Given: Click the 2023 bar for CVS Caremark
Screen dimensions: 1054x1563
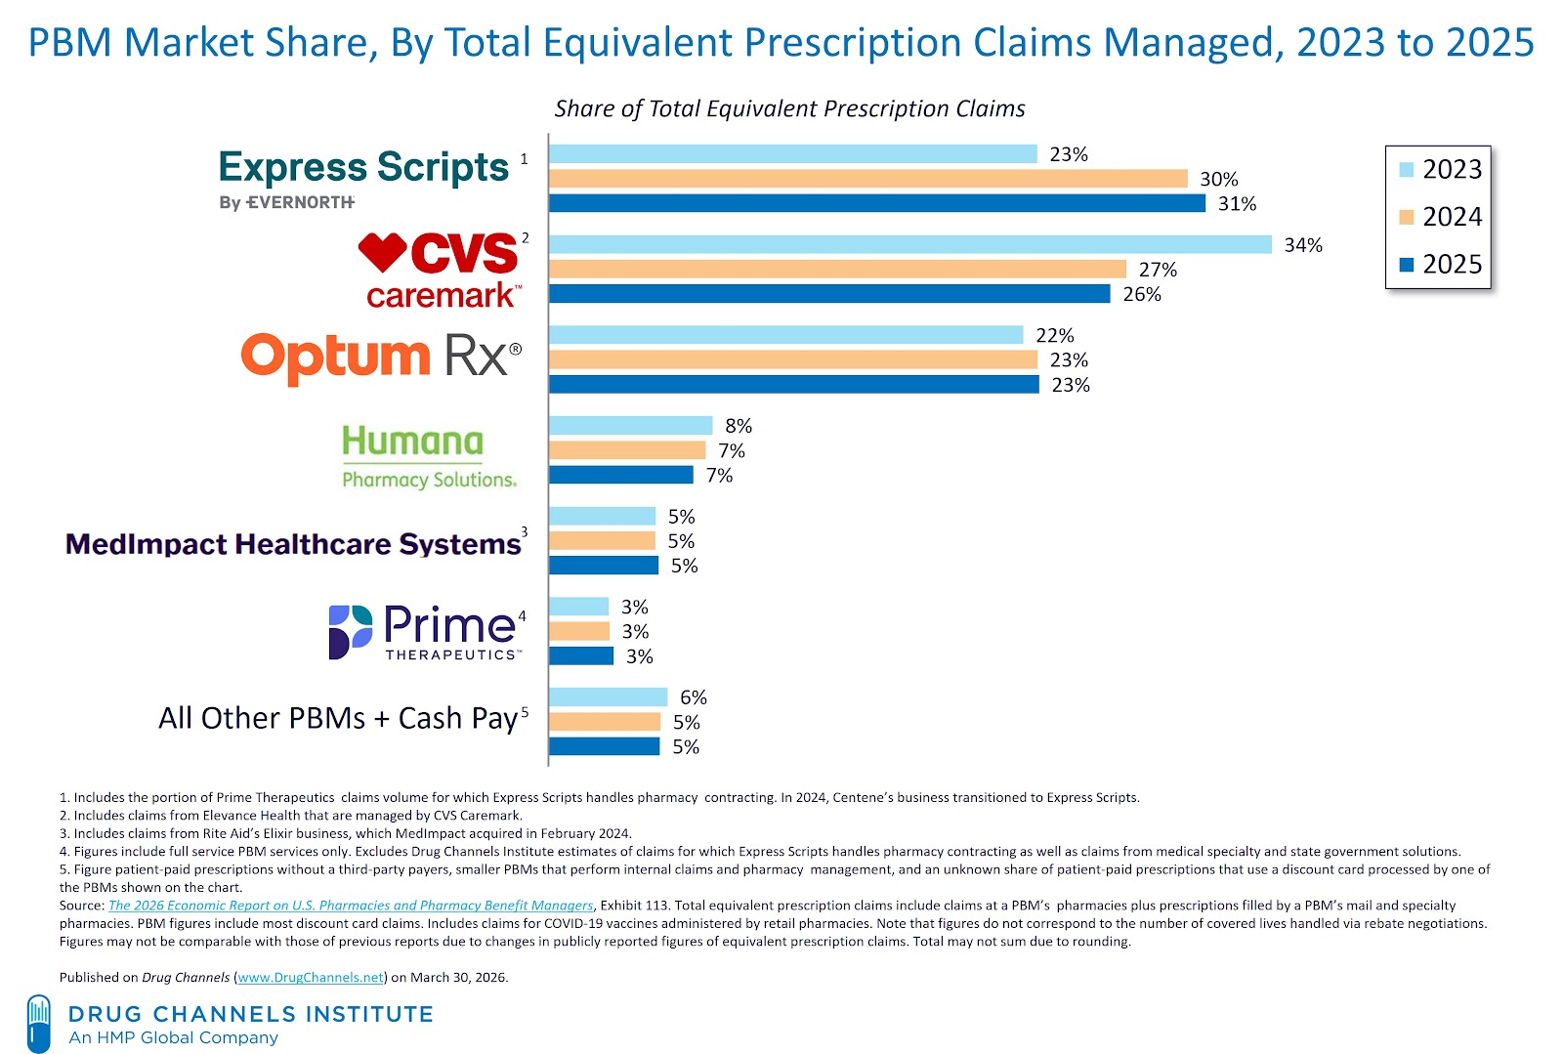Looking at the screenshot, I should tap(909, 244).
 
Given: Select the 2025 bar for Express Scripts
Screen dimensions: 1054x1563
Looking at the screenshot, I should tap(876, 203).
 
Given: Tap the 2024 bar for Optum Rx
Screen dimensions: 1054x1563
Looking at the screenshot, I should tap(792, 359).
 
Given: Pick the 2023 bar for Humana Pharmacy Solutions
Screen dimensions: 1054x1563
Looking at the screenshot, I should tap(630, 425).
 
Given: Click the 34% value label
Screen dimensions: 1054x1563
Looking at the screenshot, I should tap(1303, 245).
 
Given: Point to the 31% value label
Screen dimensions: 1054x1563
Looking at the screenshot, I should tap(1237, 204).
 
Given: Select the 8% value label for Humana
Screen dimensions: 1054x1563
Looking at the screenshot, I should tap(739, 426).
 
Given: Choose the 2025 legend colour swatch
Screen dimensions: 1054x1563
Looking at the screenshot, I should tap(1407, 265).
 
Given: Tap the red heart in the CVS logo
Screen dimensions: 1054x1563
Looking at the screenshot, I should tap(382, 252).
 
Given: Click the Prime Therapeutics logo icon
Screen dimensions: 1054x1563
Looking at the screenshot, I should tap(350, 631).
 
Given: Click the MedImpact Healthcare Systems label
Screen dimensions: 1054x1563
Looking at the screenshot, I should tap(293, 544).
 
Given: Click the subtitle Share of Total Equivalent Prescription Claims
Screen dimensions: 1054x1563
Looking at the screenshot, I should tap(789, 108).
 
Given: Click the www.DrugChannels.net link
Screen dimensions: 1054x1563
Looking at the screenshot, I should tap(311, 977).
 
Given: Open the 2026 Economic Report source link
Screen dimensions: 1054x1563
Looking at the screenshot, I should tap(350, 906).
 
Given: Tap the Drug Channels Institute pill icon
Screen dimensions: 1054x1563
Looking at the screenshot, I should tap(39, 1023).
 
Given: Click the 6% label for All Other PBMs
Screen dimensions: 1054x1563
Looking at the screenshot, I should tap(693, 697).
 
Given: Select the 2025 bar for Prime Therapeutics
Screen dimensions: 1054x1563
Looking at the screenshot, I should tap(581, 655).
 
